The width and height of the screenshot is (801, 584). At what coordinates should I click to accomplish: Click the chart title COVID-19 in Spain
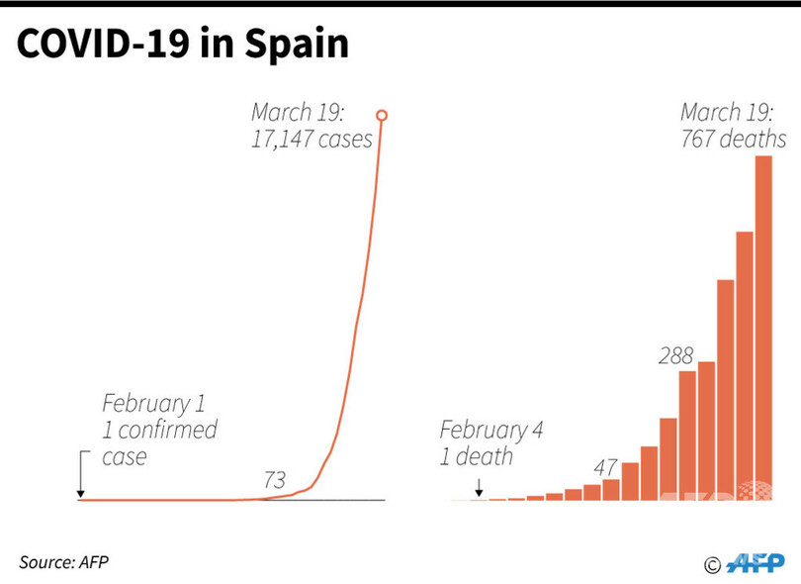tap(183, 45)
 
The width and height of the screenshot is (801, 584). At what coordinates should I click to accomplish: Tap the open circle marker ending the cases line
tap(382, 116)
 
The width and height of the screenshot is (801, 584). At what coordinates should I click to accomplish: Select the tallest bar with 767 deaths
tap(763, 327)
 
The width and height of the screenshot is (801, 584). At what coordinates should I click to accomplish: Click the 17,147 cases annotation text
tap(311, 139)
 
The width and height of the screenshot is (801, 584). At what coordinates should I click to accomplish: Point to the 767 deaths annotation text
tap(733, 139)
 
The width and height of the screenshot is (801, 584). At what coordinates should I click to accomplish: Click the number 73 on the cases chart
tap(274, 481)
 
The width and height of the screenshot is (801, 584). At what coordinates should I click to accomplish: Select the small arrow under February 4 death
tap(479, 487)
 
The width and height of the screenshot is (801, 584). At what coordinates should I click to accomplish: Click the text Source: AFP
tap(63, 561)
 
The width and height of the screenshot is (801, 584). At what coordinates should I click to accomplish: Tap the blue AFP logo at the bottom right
tap(756, 563)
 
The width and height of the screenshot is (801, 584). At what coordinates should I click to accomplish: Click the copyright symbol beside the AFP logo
tap(712, 565)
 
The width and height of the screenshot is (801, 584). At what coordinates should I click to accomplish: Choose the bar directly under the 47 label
tap(611, 489)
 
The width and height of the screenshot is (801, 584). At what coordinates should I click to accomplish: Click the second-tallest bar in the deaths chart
tap(745, 365)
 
